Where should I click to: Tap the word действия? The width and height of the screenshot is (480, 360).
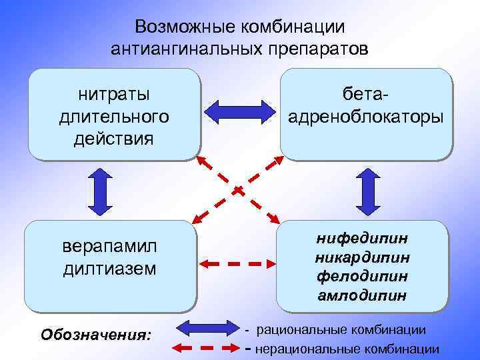[x=114, y=139]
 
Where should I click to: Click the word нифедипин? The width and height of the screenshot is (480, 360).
[x=362, y=238]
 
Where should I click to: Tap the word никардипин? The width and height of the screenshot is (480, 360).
[x=362, y=257]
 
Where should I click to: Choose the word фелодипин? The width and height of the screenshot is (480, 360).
[x=362, y=275]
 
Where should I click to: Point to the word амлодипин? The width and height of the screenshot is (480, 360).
[x=362, y=294]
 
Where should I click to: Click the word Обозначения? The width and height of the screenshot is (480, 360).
[x=96, y=333]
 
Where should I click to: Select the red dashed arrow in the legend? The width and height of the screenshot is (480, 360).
[x=206, y=347]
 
